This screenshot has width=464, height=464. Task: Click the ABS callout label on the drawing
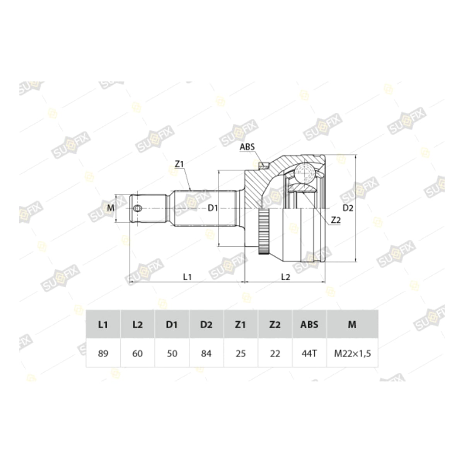(247, 147)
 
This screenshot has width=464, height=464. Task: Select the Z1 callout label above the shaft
(179, 164)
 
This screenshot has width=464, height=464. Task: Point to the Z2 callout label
(336, 220)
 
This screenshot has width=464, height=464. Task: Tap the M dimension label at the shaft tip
(111, 208)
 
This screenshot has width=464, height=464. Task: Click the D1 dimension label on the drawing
(213, 208)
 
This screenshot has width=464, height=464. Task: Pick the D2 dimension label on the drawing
(348, 208)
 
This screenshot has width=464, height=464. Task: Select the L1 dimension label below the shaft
(187, 277)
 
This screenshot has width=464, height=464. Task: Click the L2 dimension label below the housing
(286, 277)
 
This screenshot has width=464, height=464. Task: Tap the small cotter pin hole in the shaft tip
(138, 208)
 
